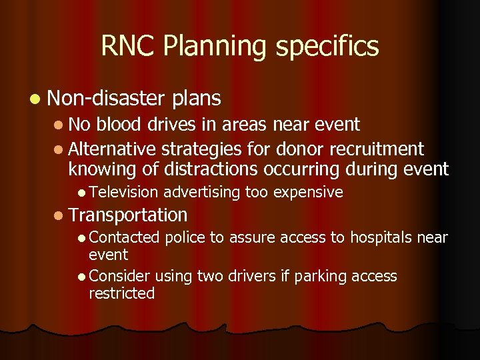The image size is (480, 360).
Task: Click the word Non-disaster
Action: coord(106,99)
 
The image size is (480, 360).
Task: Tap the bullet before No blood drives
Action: coord(59,125)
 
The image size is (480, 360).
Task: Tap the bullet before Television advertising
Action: coord(80,193)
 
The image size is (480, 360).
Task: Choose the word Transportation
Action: coord(127,215)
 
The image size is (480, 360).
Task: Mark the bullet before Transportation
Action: coord(59,215)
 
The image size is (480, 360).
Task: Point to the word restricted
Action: coord(122,293)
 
